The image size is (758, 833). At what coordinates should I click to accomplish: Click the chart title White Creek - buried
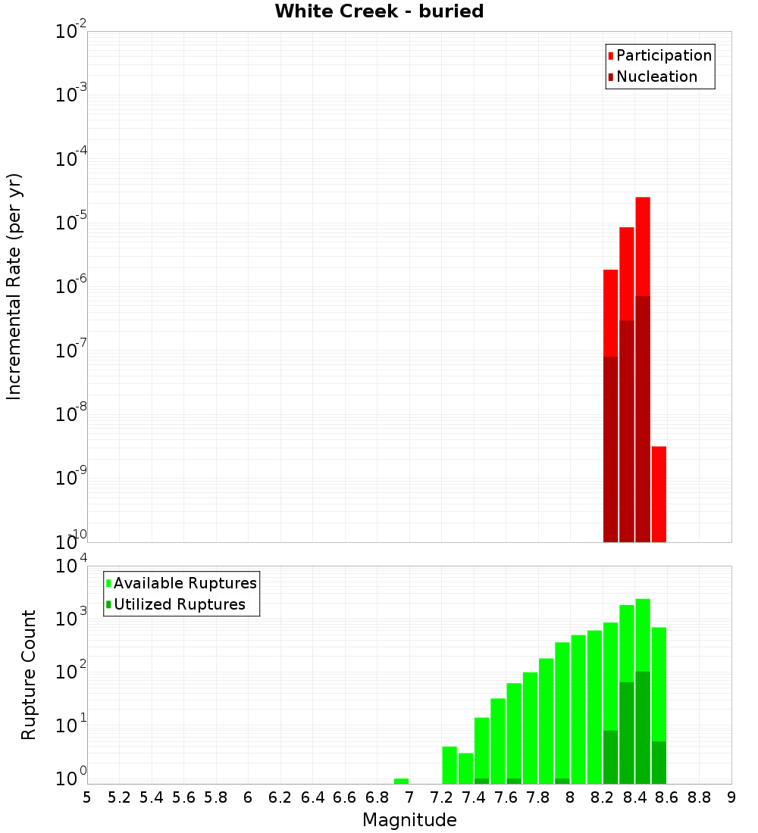[x=379, y=11]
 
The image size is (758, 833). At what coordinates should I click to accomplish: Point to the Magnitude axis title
[x=409, y=820]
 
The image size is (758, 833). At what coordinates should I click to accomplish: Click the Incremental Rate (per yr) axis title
[x=14, y=286]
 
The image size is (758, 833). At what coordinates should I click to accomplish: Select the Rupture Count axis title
[x=29, y=675]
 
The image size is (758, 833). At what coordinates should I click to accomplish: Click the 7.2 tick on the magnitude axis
[x=442, y=797]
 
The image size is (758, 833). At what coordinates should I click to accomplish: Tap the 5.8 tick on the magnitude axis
[x=216, y=797]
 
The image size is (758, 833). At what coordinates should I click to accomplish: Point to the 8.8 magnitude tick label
[x=700, y=797]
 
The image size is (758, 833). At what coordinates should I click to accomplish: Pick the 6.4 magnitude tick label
[x=312, y=797]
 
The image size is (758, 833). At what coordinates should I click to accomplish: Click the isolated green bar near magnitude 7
[x=401, y=781]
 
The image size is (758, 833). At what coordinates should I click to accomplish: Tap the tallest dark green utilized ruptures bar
[x=643, y=727]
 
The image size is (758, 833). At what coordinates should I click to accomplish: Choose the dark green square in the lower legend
[x=109, y=604]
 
